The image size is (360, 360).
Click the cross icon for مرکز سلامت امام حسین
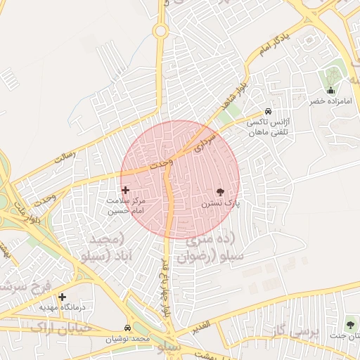tap(126, 190)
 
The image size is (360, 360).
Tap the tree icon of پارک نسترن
tap(221, 192)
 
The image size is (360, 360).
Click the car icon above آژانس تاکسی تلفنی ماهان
tap(268, 112)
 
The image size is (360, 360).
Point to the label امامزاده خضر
tap(330, 101)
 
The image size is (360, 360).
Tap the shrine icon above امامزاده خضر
tap(331, 90)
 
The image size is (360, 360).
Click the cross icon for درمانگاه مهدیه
tap(63, 297)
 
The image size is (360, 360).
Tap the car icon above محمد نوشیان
tap(127, 328)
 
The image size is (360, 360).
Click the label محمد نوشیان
tap(129, 339)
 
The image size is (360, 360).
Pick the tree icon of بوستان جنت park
tap(350, 325)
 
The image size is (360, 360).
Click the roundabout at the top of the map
tap(161, 31)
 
